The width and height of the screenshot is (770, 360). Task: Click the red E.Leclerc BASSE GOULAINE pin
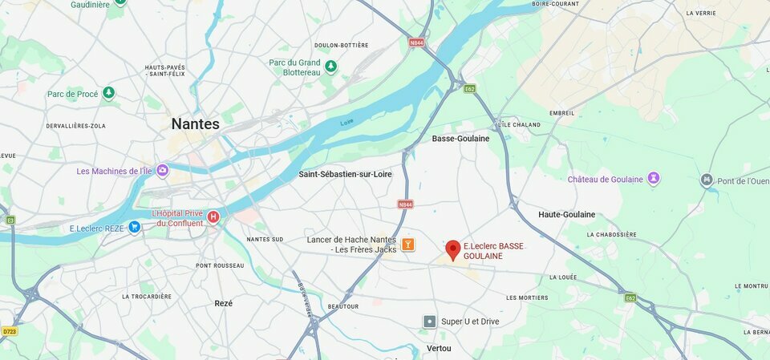pyautogui.click(x=453, y=249)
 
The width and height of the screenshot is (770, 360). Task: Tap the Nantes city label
pyautogui.click(x=195, y=124)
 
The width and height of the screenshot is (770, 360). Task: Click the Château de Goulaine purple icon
pyautogui.click(x=654, y=179)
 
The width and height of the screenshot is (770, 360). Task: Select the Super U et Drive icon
pyautogui.click(x=430, y=322)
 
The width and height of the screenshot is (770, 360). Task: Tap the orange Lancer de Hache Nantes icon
pyautogui.click(x=407, y=245)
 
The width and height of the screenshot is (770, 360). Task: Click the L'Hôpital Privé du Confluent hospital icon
pyautogui.click(x=213, y=216)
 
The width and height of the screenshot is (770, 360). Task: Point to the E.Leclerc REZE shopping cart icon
pyautogui.click(x=134, y=228)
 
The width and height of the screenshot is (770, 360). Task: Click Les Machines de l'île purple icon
pyautogui.click(x=163, y=171)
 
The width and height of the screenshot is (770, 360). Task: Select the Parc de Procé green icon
pyautogui.click(x=109, y=94)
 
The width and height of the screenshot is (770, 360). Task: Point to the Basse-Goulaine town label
pyautogui.click(x=460, y=139)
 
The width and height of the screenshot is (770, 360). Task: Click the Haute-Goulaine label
pyautogui.click(x=566, y=215)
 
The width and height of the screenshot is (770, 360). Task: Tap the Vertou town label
pyautogui.click(x=439, y=348)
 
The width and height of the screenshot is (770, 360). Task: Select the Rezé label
pyautogui.click(x=224, y=303)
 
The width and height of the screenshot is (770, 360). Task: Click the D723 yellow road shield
pyautogui.click(x=10, y=330)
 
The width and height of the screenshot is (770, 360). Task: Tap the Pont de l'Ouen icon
pyautogui.click(x=707, y=180)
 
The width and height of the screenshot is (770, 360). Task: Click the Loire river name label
pyautogui.click(x=347, y=123)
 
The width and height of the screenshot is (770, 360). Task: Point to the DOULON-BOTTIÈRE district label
pyautogui.click(x=342, y=46)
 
